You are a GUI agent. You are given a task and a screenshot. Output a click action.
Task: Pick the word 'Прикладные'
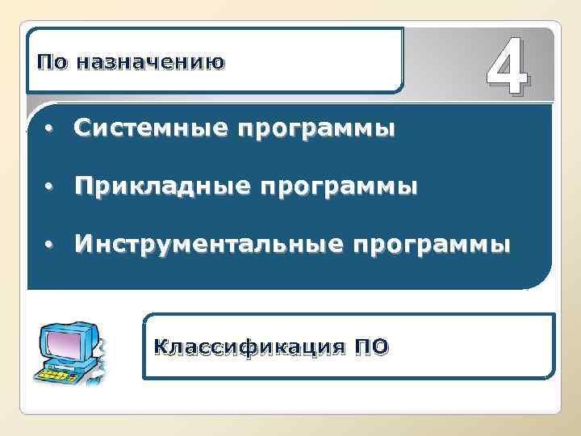pos(152,187)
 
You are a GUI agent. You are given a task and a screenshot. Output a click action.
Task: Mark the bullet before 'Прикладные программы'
pos(49,187)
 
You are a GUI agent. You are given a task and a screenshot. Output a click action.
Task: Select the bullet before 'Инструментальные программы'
pos(49,245)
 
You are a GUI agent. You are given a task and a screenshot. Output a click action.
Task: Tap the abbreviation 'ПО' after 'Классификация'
pos(372,347)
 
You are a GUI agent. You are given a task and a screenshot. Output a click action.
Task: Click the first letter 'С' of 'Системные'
pos(82,128)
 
